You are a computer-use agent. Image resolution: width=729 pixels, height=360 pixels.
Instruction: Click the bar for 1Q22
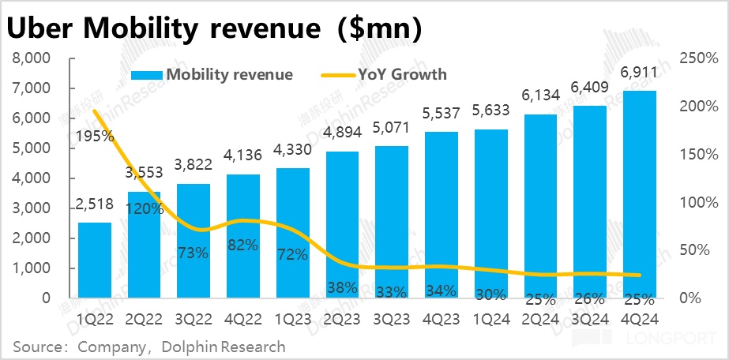[94, 261]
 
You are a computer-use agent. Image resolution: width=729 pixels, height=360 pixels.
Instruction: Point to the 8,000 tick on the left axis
[31, 58]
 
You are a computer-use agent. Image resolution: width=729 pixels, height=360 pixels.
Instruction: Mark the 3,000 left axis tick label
[31, 208]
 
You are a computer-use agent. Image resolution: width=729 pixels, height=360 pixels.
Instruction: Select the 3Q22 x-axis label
[193, 318]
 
